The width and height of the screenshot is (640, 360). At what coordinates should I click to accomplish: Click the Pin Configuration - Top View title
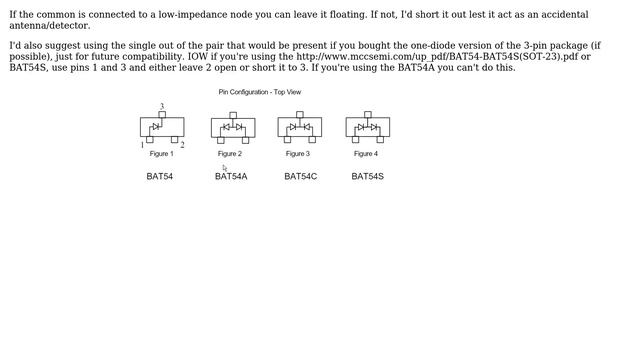click(x=260, y=92)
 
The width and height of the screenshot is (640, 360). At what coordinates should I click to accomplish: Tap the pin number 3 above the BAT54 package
click(x=162, y=106)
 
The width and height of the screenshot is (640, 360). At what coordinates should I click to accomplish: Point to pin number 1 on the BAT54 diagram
click(x=142, y=145)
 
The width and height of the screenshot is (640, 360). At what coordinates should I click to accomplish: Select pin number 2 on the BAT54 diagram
click(x=182, y=145)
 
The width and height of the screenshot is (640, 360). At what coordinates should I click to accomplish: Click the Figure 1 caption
click(x=162, y=154)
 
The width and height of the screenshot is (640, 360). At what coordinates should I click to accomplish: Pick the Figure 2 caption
click(x=230, y=154)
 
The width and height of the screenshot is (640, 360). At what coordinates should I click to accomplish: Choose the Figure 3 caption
click(x=298, y=154)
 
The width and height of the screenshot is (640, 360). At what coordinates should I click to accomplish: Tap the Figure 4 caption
click(x=366, y=154)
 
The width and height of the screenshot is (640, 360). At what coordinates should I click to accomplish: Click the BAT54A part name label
click(x=231, y=176)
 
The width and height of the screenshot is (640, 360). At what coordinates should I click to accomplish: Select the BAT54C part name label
click(x=300, y=176)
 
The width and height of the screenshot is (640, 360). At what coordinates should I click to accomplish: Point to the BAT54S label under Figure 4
click(x=367, y=176)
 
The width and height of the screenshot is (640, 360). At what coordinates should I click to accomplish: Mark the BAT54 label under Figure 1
click(x=160, y=176)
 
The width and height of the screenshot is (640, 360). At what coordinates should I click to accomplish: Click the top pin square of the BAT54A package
click(x=233, y=116)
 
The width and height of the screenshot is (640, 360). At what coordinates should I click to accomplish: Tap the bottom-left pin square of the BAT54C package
click(x=287, y=140)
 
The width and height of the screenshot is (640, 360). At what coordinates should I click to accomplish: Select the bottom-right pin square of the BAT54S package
click(x=380, y=140)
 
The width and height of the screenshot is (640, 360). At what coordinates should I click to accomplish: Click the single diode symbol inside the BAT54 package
click(x=156, y=127)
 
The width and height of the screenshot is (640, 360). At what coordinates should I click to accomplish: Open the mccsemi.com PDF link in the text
click(x=438, y=56)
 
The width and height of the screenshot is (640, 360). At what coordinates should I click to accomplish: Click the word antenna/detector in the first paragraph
click(x=49, y=26)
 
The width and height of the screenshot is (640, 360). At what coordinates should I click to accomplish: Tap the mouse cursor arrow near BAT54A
click(x=225, y=167)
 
